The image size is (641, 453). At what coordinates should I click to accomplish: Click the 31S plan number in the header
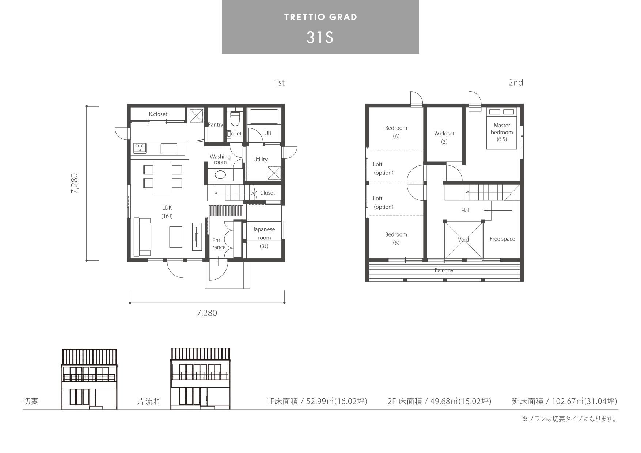[320, 37]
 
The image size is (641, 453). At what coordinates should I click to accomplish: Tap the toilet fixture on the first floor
[235, 118]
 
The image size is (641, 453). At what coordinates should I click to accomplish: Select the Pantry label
[215, 124]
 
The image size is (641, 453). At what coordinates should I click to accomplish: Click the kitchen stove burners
[140, 147]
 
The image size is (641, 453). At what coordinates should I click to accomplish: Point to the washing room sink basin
[220, 174]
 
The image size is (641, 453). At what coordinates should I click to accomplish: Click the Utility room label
[260, 160]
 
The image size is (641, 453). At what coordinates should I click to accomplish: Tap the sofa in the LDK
[143, 237]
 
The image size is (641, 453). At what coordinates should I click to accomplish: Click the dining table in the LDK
[162, 177]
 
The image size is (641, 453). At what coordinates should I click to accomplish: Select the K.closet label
[158, 114]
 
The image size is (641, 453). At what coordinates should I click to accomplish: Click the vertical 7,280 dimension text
[75, 183]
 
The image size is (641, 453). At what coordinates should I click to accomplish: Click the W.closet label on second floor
[444, 134]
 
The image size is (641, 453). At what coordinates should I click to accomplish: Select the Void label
[463, 240]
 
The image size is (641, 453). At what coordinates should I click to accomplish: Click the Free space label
[502, 239]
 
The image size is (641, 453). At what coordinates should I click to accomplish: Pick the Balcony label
[444, 270]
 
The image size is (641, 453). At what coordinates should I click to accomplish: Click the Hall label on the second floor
[466, 211]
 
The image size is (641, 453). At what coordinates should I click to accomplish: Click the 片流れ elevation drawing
[201, 379]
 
